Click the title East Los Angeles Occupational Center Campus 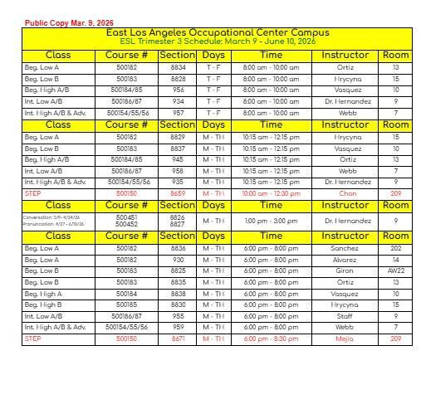point(218,32)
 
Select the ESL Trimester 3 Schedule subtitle point(218,41)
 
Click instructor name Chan point(347,193)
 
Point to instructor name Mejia point(345,339)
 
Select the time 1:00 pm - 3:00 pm point(272,221)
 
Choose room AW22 point(395,270)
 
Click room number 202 point(395,248)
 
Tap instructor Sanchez point(345,248)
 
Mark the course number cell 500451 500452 point(127,221)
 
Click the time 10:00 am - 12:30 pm point(272,193)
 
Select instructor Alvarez point(345,260)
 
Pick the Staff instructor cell point(345,316)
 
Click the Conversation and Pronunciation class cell point(57,221)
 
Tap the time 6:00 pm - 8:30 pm point(272,339)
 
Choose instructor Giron point(345,270)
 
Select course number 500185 point(127,304)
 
